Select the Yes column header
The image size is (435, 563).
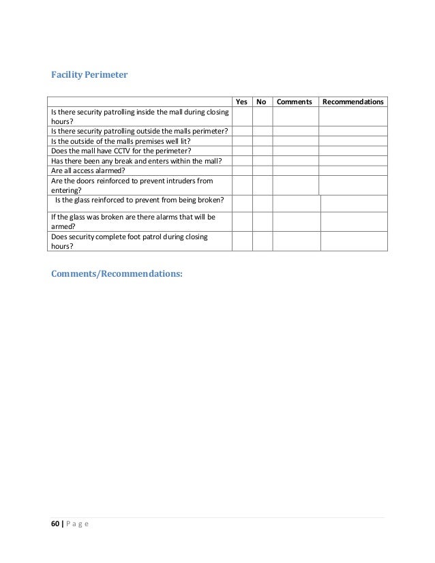241,102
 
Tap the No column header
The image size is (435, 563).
261,102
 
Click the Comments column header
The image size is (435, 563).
295,102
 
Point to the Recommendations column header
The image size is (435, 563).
352,102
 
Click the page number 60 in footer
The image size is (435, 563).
55,523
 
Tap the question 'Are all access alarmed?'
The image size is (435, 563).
93,170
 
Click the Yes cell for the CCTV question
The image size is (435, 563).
241,151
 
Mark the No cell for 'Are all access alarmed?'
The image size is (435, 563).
262,170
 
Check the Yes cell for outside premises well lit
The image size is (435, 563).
241,141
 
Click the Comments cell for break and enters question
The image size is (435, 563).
295,161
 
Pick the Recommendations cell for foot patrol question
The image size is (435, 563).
353,241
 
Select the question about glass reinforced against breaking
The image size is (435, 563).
138,200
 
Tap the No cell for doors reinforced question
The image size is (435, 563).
262,185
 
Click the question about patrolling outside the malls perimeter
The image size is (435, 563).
140,131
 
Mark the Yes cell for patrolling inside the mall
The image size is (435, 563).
241,117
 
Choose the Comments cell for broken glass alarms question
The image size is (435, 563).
296,222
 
